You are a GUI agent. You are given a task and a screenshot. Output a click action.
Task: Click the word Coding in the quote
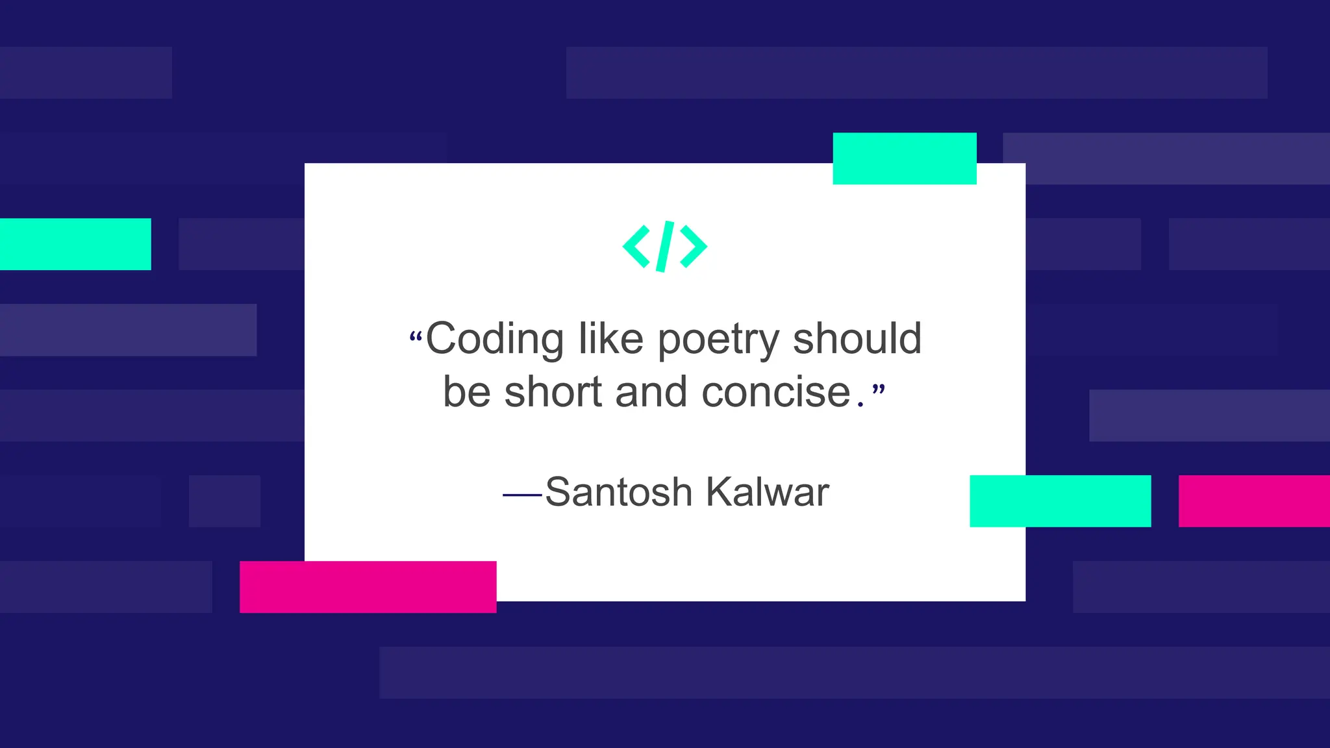click(x=494, y=339)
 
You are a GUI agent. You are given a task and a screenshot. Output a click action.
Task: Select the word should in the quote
click(x=857, y=338)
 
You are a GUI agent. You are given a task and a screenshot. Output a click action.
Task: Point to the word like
click(x=610, y=338)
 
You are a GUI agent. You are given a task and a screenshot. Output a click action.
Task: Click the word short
click(x=553, y=392)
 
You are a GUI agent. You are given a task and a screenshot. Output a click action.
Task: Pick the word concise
click(x=776, y=392)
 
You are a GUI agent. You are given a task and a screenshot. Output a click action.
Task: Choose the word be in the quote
click(x=466, y=392)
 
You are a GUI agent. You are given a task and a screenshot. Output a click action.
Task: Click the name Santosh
click(x=618, y=492)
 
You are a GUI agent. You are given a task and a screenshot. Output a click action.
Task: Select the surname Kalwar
click(x=767, y=492)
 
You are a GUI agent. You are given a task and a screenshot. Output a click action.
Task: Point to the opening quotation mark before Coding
click(x=416, y=337)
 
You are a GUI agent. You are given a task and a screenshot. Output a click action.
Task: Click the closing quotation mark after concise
click(x=878, y=390)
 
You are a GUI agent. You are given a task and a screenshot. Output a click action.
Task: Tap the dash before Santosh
click(x=522, y=495)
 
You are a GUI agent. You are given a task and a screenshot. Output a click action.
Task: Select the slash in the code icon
click(x=665, y=246)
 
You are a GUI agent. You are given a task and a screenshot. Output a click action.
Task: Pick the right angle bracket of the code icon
click(x=694, y=246)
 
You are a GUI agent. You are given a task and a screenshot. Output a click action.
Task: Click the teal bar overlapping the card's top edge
click(x=905, y=158)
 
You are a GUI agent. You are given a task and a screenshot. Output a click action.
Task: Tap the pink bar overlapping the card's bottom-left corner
click(x=368, y=587)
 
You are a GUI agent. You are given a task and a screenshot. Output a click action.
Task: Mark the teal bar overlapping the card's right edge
click(x=1060, y=501)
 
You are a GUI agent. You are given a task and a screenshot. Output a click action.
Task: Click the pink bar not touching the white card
click(x=1254, y=501)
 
